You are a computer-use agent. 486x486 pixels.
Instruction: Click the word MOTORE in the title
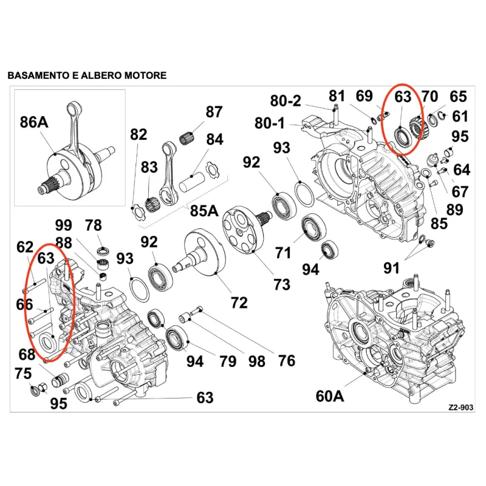click(145, 75)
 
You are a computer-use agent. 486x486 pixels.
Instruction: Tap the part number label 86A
click(34, 122)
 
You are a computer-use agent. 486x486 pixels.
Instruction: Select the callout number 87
click(214, 112)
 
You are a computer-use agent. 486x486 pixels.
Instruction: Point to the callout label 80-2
click(286, 101)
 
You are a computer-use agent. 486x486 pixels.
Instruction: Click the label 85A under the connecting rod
click(204, 211)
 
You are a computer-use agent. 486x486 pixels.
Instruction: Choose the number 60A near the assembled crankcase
click(330, 396)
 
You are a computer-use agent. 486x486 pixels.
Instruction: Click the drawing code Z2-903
click(461, 407)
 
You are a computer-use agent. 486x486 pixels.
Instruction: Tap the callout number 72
click(239, 303)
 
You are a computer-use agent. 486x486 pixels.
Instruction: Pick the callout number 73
click(282, 284)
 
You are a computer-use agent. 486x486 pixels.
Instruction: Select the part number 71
click(283, 253)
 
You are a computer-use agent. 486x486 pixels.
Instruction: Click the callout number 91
click(391, 268)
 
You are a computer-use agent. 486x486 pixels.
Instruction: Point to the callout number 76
click(286, 361)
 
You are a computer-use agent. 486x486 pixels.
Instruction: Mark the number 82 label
click(139, 134)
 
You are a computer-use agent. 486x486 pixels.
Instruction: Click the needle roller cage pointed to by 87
click(187, 138)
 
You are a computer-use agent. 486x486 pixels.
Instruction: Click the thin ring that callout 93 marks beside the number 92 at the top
click(304, 194)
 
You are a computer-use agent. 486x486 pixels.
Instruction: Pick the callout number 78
click(94, 225)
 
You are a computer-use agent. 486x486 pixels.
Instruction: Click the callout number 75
click(23, 374)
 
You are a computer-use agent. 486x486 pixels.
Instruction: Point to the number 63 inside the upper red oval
click(403, 97)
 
